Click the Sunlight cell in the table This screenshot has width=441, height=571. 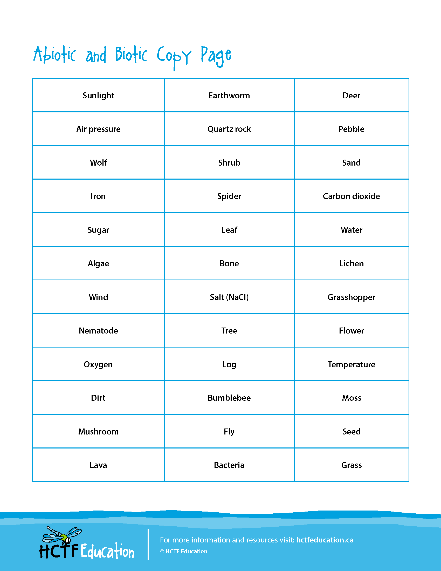98,96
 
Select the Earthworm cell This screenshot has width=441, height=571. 229,96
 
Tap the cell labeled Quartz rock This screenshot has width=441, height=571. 229,129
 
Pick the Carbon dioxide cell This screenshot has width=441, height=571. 351,196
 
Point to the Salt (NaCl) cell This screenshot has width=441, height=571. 229,297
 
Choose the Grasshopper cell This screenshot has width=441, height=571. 351,297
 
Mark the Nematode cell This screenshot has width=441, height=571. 98,331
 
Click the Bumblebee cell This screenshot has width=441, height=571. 229,398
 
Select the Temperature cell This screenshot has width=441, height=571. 351,364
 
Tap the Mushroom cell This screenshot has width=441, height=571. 98,431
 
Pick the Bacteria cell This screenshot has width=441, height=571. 229,465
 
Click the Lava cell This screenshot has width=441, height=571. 98,465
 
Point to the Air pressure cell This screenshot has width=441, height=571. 98,129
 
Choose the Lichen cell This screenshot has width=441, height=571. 351,263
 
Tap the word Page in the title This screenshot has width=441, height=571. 216,56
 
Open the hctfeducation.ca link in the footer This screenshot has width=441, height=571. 325,540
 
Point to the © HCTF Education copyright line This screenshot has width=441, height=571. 184,551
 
